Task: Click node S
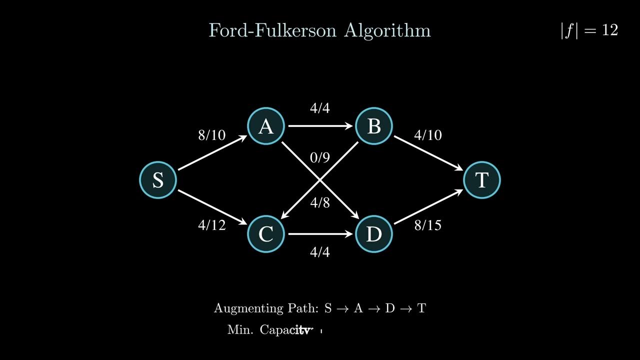[158, 180]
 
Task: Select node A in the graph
[266, 126]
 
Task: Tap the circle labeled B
[374, 126]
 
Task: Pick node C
[266, 234]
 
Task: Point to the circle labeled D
[374, 234]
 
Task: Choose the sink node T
[482, 180]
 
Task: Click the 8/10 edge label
[212, 135]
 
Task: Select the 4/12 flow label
[212, 225]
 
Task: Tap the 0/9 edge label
[320, 158]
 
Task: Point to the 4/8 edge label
[320, 202]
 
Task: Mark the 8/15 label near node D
[428, 225]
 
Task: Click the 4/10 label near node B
[428, 135]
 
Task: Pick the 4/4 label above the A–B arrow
[320, 108]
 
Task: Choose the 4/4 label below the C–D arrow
[320, 252]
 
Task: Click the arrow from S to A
[212, 153]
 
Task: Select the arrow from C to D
[320, 234]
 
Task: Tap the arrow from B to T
[428, 153]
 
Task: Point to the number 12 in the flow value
[610, 30]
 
